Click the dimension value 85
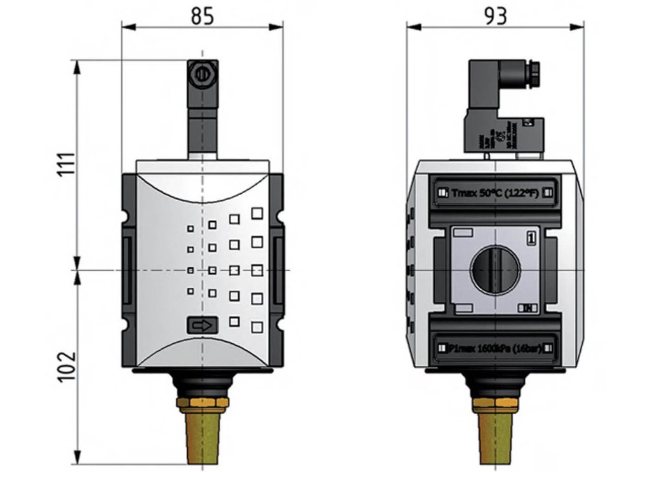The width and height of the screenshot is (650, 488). click(x=202, y=16)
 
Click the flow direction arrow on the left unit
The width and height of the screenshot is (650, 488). click(x=202, y=325)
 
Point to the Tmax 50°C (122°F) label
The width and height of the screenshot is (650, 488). click(x=494, y=193)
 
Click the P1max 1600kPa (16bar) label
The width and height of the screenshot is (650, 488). click(x=494, y=348)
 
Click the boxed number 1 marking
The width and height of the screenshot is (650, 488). click(x=532, y=238)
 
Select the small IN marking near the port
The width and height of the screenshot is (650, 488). click(x=527, y=308)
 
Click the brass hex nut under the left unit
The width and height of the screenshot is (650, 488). click(x=202, y=403)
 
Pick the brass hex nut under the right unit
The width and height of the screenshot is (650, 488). click(x=494, y=403)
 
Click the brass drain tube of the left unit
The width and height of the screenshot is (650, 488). click(x=202, y=438)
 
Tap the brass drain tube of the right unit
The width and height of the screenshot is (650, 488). click(x=494, y=438)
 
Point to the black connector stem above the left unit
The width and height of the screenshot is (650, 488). click(x=202, y=127)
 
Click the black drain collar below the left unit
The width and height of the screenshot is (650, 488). click(x=202, y=384)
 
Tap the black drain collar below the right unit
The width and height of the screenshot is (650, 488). click(x=494, y=384)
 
